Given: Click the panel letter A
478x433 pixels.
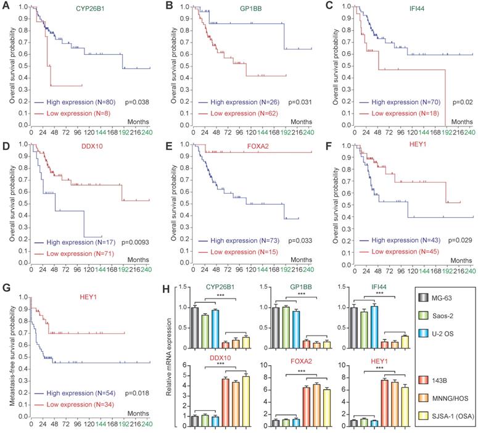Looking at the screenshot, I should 6,7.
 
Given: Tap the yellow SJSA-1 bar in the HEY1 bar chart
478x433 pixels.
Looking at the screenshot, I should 371,400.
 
